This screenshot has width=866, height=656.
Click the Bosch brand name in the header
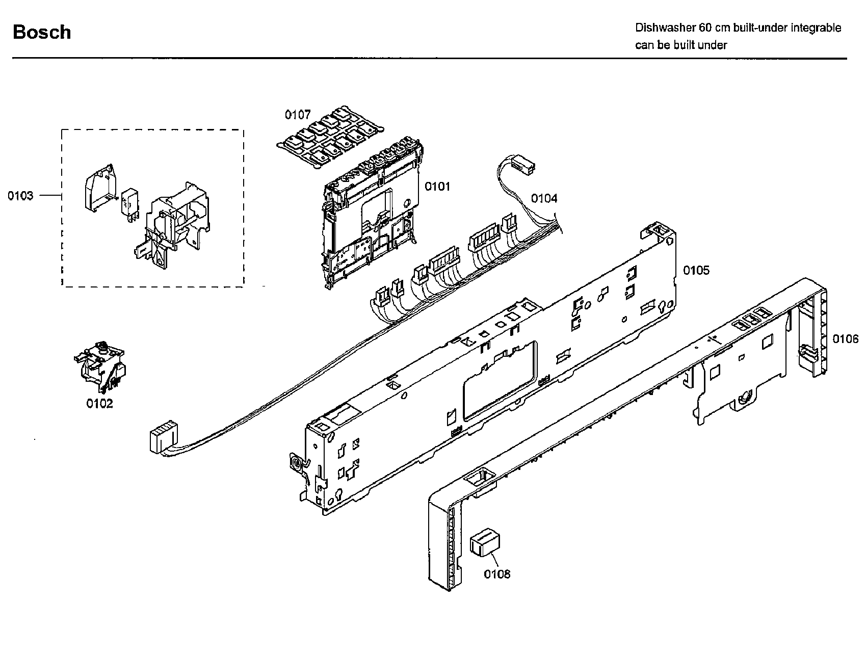tap(42, 32)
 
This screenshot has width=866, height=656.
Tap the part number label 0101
tap(437, 187)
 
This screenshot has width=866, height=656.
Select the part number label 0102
tap(99, 404)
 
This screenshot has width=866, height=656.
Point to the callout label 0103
tap(20, 196)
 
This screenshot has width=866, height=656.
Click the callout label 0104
tap(544, 198)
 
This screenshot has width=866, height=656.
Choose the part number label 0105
tap(696, 270)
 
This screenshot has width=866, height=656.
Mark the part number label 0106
tap(845, 339)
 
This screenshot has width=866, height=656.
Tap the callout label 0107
tap(298, 115)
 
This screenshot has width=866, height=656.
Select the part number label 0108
tap(497, 574)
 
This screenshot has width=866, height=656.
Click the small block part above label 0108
tap(484, 541)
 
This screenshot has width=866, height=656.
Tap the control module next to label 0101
tap(370, 219)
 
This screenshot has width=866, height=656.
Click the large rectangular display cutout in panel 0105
tap(500, 380)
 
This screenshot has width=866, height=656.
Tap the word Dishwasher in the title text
tap(661, 28)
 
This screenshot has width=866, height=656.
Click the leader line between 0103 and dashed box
tap(50, 196)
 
